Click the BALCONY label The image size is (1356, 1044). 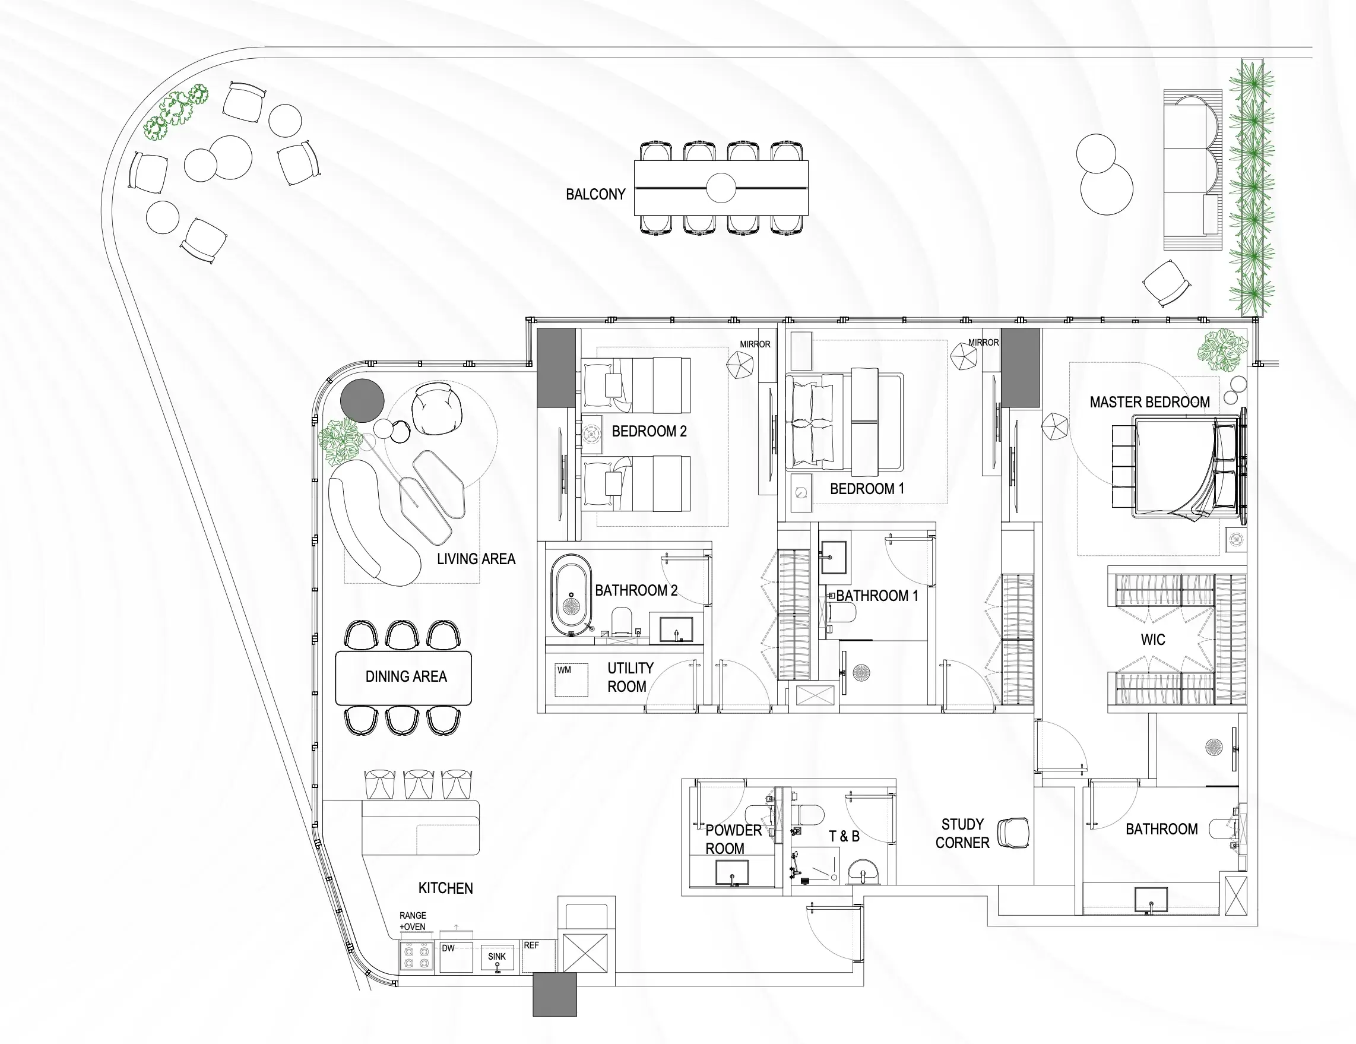[595, 194]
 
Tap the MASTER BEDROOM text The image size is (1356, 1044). [1149, 402]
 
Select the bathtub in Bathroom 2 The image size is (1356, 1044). [571, 594]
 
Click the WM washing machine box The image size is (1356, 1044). [571, 679]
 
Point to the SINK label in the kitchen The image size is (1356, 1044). [497, 957]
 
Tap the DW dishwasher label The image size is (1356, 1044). [448, 948]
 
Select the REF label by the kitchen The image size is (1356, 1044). [531, 945]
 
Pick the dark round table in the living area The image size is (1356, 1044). [362, 399]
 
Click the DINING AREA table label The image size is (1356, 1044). [406, 676]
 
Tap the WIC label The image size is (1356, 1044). [1153, 640]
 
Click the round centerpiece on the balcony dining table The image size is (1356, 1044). [721, 188]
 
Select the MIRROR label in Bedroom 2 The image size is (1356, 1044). [755, 344]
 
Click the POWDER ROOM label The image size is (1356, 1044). [733, 840]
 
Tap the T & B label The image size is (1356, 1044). [844, 837]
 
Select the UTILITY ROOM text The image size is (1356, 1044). [629, 678]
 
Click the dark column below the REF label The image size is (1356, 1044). [555, 994]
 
